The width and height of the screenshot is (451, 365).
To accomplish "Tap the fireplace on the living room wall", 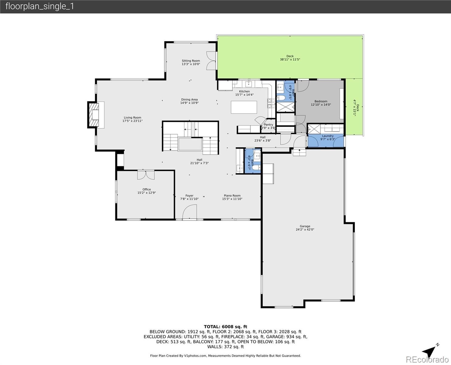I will [x=94, y=115].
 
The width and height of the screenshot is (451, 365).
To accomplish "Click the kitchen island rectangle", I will [x=244, y=107].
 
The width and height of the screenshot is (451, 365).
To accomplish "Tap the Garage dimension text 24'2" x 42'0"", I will [x=305, y=230].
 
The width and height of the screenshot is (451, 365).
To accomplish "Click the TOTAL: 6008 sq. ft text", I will [x=225, y=327].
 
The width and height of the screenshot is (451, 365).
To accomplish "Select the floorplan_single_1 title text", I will [x=40, y=6].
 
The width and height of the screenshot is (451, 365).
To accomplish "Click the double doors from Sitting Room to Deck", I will [x=211, y=61].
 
